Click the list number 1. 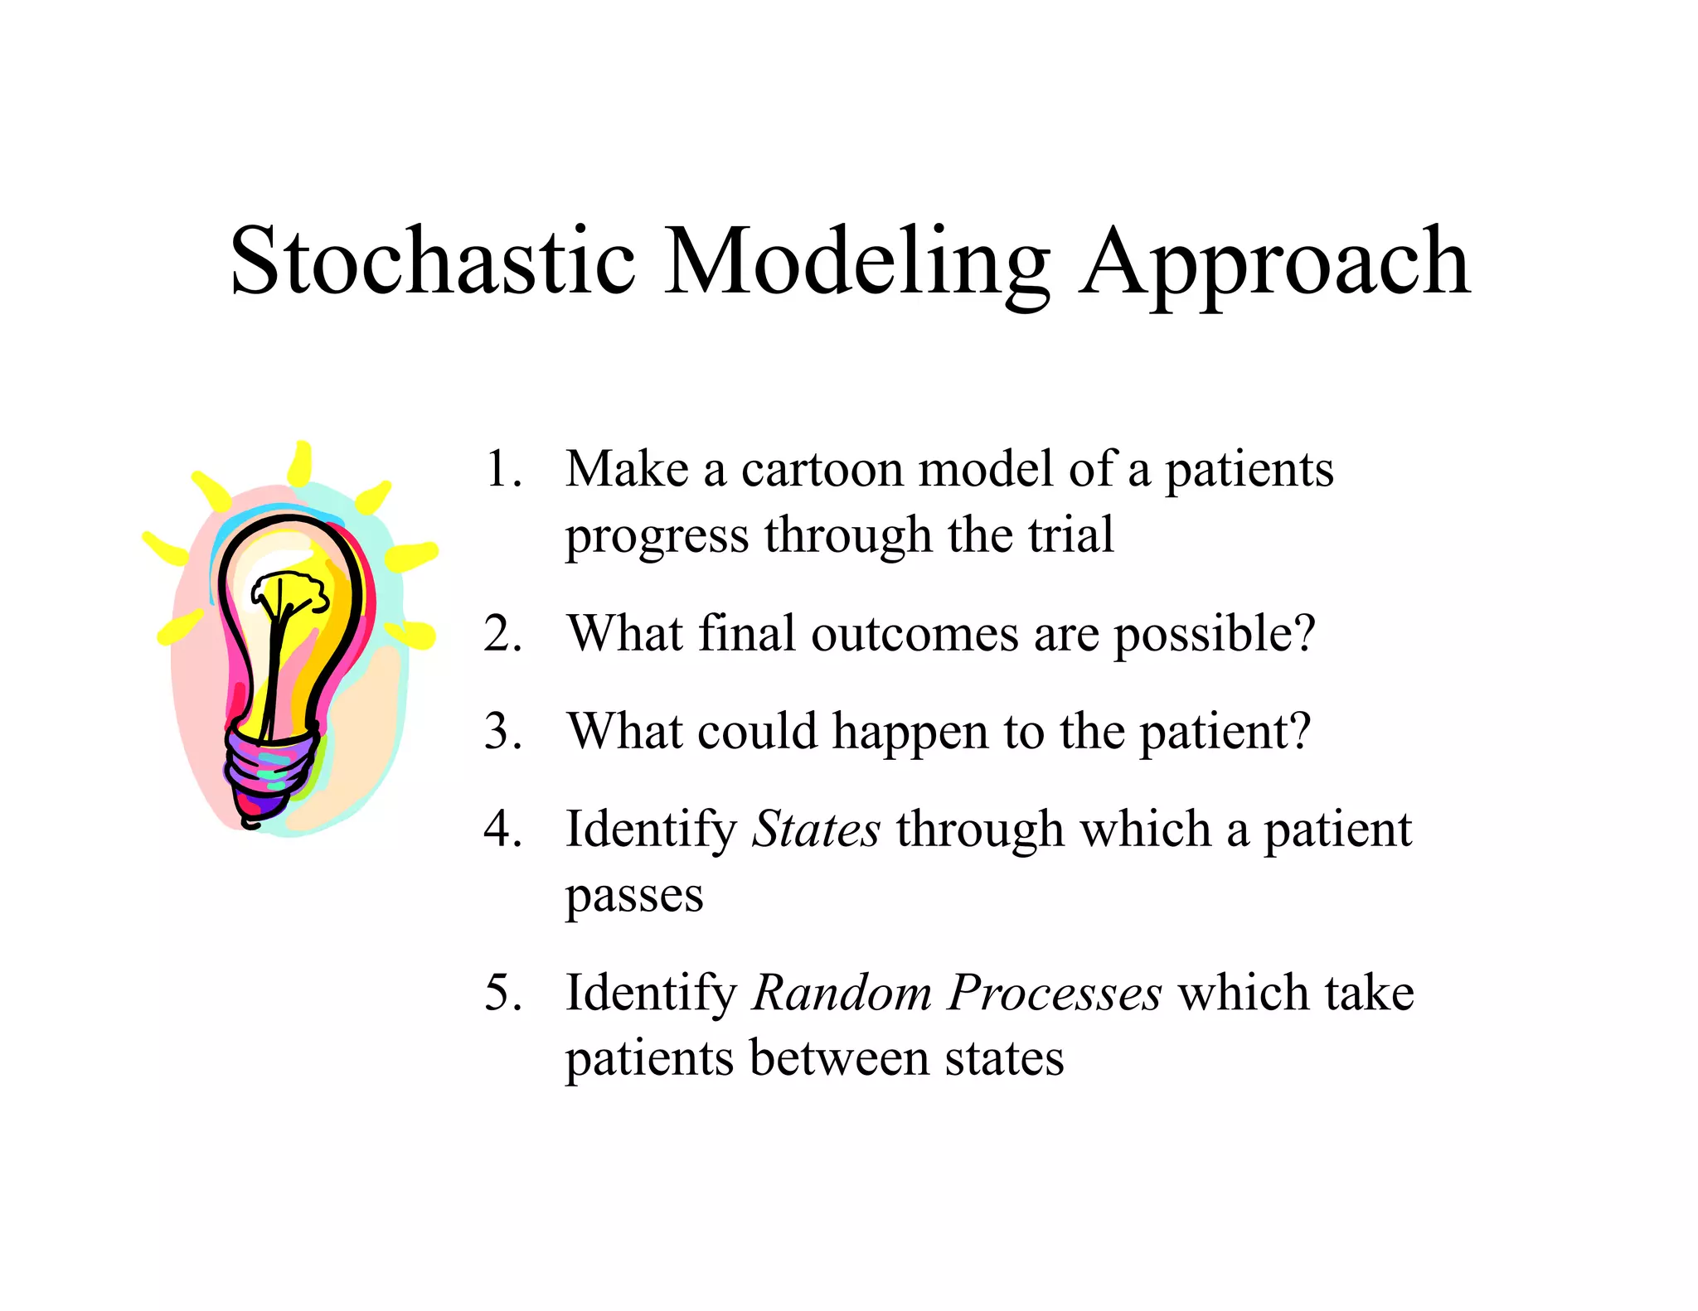click(501, 469)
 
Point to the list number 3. click(502, 732)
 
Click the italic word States click(816, 830)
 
